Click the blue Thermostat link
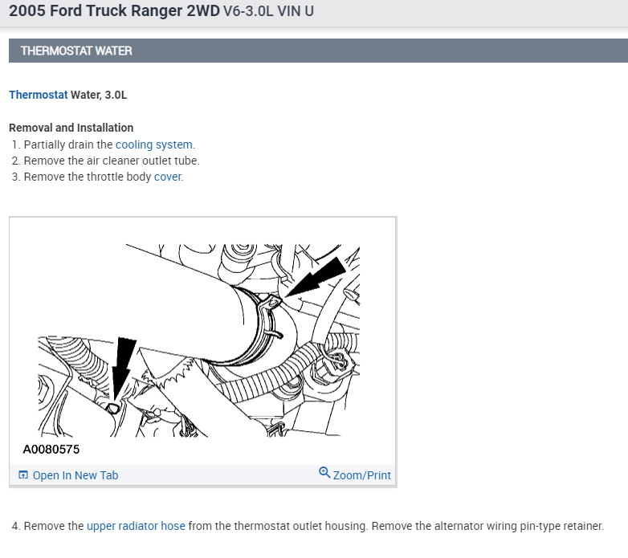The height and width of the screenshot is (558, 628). (38, 95)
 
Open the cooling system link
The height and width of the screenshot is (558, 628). (154, 145)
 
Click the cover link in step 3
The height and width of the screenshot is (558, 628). (168, 177)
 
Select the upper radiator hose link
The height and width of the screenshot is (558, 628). (136, 526)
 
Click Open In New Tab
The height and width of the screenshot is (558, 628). (75, 475)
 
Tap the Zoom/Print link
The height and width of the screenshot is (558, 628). (361, 475)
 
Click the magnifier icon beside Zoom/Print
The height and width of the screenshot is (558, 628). (324, 472)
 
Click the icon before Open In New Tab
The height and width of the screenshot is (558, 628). (22, 475)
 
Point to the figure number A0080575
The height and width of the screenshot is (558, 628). (51, 450)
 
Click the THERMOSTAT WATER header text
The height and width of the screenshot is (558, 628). (76, 51)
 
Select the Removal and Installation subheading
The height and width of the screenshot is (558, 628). (71, 128)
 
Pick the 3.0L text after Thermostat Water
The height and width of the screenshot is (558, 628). (116, 95)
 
